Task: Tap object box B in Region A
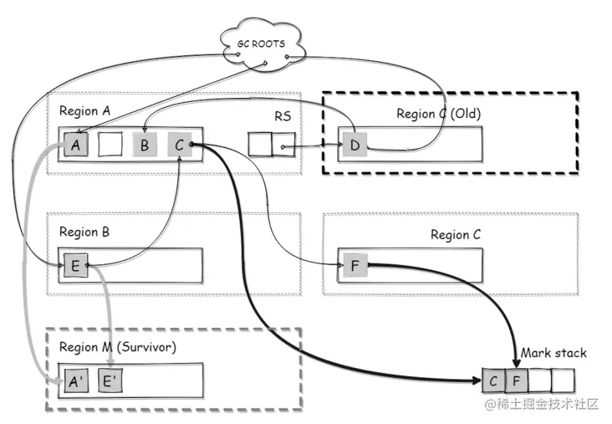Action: pyautogui.click(x=145, y=145)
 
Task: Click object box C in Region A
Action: pyautogui.click(x=179, y=145)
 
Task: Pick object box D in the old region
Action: pyautogui.click(x=354, y=146)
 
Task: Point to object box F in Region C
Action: pyautogui.click(x=354, y=266)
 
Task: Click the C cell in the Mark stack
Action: pyautogui.click(x=494, y=381)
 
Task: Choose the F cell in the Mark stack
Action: pyautogui.click(x=517, y=381)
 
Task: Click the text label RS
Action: pyautogui.click(x=283, y=116)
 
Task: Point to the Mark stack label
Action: pyautogui.click(x=553, y=353)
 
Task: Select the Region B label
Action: pyautogui.click(x=84, y=232)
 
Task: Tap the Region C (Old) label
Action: pyautogui.click(x=439, y=114)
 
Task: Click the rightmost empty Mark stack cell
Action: pyautogui.click(x=564, y=381)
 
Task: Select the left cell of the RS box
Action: pyautogui.click(x=261, y=146)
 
